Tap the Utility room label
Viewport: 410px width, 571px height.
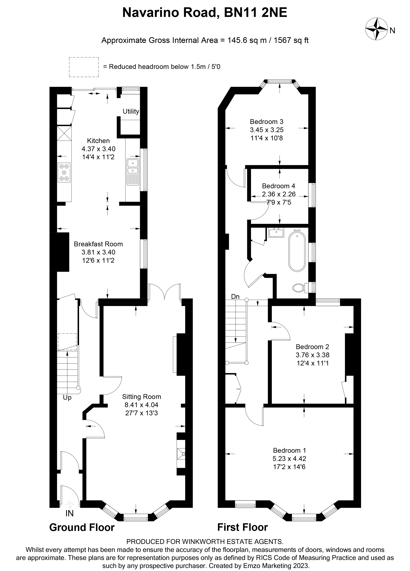pyautogui.click(x=131, y=111)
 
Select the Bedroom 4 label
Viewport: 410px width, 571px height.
pyautogui.click(x=278, y=186)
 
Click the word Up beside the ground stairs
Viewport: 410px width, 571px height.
pyautogui.click(x=67, y=398)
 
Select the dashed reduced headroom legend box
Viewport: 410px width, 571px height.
pyautogui.click(x=84, y=67)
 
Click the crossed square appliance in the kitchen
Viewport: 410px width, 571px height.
pyautogui.click(x=64, y=133)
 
